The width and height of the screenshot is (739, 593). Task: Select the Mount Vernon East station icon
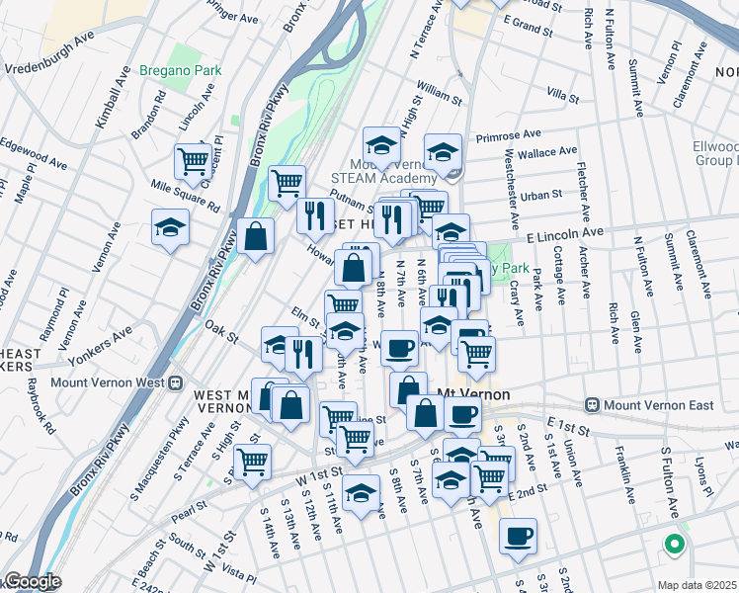[x=592, y=405]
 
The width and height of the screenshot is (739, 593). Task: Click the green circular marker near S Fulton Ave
[x=674, y=543]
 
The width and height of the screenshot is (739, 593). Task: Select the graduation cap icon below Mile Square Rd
[x=170, y=227]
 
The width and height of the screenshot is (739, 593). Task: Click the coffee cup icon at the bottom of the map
[x=519, y=536]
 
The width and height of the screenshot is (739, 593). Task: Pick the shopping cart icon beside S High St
[x=253, y=460]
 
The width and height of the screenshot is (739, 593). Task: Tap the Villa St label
[x=561, y=96]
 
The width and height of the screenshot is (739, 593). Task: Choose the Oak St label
[x=222, y=331]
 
